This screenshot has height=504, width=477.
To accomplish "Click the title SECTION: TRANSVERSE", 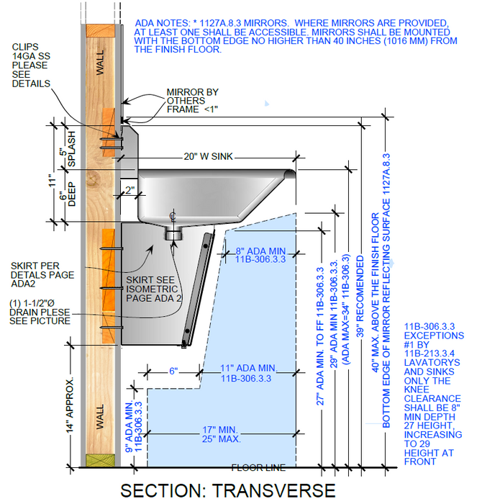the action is point(228,490).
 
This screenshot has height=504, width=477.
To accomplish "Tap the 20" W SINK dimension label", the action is point(208,156).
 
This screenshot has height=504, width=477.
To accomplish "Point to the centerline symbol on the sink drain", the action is point(173,217).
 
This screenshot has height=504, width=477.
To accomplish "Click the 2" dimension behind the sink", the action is point(130,190).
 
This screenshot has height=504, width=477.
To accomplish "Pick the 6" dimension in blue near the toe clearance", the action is point(173,371).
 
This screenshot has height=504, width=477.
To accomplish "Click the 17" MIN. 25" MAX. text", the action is point(221,434).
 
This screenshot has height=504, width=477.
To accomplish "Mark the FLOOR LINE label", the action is point(258,467).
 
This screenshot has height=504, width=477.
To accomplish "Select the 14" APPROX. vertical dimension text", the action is point(69,405).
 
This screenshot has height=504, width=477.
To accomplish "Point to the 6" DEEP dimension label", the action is point(68,194).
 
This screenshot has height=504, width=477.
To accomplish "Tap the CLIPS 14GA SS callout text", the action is point(31,66).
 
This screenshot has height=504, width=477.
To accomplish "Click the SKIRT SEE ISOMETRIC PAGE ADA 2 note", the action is point(154,289).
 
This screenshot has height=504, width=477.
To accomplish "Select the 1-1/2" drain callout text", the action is point(40,312).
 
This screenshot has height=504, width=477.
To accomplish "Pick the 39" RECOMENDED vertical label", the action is point(360,297).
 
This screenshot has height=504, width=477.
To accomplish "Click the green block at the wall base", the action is point(100,460).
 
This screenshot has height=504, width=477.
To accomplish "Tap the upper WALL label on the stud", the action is point(100,63).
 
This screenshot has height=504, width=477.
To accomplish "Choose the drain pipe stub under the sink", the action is point(173,233).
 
